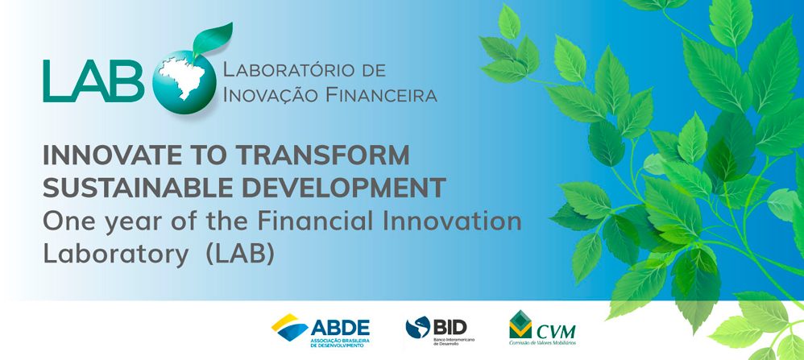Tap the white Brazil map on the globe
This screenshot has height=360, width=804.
(x=182, y=78)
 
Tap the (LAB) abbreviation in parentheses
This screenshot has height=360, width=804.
(x=240, y=254)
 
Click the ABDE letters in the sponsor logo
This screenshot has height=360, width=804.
(x=340, y=327)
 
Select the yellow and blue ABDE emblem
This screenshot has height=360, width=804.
(x=290, y=327)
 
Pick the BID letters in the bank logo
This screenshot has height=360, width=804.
(x=450, y=325)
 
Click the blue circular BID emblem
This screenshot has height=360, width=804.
(x=418, y=327)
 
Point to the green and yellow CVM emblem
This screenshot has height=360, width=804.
(x=520, y=324)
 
